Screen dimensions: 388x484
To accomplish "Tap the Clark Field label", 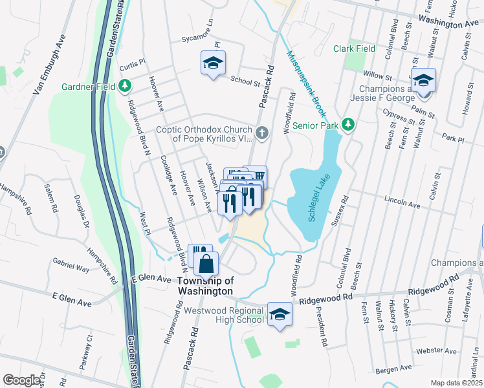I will tap(354, 48).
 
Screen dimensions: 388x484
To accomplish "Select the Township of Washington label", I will tap(204, 286).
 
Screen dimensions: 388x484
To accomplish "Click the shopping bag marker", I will tap(206, 264).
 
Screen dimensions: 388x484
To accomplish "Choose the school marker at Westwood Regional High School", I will tap(280, 314).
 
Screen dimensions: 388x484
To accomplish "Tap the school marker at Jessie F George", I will tap(423, 81).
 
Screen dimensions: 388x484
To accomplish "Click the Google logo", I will tap(21, 380).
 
